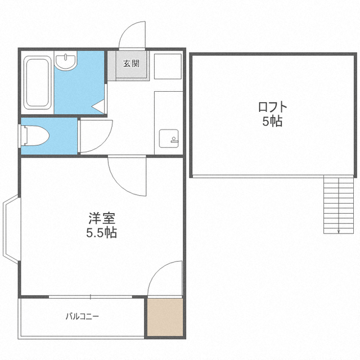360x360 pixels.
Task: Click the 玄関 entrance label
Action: point(131,64)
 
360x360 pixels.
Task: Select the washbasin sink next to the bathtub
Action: point(66,61)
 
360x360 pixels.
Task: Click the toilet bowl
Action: point(35,136)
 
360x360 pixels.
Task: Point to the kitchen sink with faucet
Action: point(169,138)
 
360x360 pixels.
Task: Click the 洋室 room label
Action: point(102,218)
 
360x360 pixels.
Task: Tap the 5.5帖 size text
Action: point(102,232)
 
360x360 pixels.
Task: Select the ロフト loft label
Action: point(273,107)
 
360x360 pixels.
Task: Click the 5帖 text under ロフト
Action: point(272,121)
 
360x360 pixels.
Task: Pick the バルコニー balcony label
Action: point(82,316)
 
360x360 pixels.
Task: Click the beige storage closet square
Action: point(165,317)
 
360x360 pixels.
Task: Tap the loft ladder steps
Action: point(339,204)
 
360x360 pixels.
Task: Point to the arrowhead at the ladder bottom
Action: point(339,231)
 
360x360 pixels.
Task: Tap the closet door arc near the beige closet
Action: point(156,271)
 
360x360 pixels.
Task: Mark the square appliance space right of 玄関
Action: point(168,66)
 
